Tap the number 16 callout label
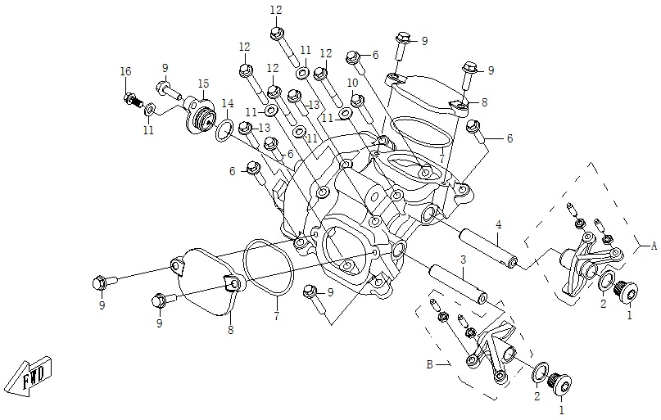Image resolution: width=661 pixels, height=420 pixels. (125, 72)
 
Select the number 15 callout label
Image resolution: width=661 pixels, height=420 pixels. (202, 83)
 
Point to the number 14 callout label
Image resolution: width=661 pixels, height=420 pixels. (228, 102)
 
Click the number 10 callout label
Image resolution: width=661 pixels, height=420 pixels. (351, 83)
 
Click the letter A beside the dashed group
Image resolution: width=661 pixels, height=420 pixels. (654, 245)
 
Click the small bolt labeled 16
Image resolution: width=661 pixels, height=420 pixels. (130, 100)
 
